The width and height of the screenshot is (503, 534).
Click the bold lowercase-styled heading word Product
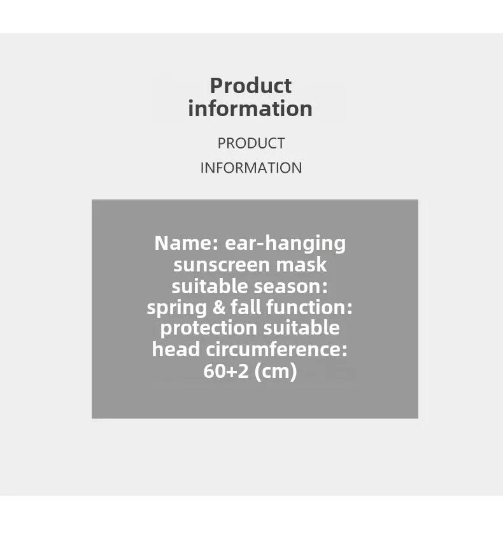click(251, 85)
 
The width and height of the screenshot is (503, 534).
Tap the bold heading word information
click(250, 108)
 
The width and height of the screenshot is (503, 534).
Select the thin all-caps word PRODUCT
click(251, 143)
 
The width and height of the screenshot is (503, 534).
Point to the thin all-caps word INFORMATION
click(251, 168)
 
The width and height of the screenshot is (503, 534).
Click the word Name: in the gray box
click(187, 243)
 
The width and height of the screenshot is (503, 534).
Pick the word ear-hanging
click(285, 244)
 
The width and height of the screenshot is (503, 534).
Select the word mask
click(301, 264)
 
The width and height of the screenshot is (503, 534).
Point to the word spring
click(177, 308)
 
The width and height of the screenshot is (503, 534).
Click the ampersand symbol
click(219, 307)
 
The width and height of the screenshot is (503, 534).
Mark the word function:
click(309, 307)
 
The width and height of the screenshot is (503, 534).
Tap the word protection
click(209, 329)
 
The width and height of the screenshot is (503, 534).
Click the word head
click(176, 349)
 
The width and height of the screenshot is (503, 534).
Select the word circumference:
click(276, 349)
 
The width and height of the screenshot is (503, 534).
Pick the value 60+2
click(226, 371)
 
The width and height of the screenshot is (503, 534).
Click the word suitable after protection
click(301, 328)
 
